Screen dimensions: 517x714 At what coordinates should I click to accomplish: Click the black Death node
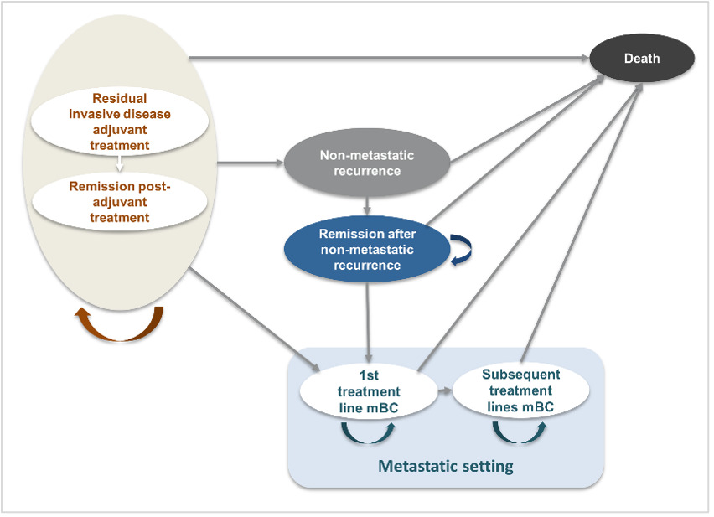(x=642, y=59)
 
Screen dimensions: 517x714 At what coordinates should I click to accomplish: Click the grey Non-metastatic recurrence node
(x=367, y=163)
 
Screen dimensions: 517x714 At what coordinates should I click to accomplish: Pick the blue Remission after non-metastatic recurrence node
(x=367, y=250)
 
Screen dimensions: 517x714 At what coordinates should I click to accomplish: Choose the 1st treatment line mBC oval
(x=369, y=391)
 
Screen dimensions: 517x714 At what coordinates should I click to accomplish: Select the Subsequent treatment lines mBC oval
(x=520, y=391)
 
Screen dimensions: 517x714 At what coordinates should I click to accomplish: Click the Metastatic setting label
(x=445, y=466)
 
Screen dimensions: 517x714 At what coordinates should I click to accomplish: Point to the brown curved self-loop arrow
(x=120, y=323)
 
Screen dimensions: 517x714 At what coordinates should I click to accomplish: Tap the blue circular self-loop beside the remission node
(x=461, y=251)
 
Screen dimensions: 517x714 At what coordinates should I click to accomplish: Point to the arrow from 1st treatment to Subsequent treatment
(x=444, y=391)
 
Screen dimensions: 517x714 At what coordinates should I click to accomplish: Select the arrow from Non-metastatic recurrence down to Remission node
(x=367, y=202)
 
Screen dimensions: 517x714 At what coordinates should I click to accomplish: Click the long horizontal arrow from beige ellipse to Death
(x=385, y=58)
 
